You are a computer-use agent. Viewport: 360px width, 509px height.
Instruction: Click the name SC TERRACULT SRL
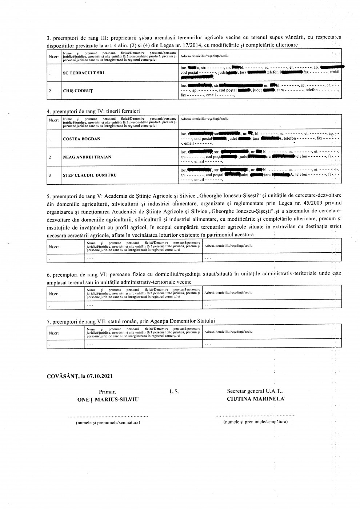coord(84,73)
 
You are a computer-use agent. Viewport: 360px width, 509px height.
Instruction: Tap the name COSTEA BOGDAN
coord(82,139)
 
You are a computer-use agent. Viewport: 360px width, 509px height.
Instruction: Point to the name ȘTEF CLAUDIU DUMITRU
coord(89,175)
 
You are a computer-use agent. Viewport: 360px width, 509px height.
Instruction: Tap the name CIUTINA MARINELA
coord(255,398)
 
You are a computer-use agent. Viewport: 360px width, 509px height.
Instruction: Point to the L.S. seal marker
coord(174,392)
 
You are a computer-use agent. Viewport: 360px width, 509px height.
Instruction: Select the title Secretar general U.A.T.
coord(255,391)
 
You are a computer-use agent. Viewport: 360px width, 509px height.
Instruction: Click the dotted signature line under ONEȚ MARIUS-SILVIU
coord(108,416)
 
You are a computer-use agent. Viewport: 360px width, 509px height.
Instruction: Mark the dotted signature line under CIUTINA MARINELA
coord(255,415)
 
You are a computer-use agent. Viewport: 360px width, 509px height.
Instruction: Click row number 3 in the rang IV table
coord(49,175)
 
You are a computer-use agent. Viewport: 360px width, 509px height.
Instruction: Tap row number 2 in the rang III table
coord(49,91)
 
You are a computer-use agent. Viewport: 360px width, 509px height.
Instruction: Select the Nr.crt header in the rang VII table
coord(54,333)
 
